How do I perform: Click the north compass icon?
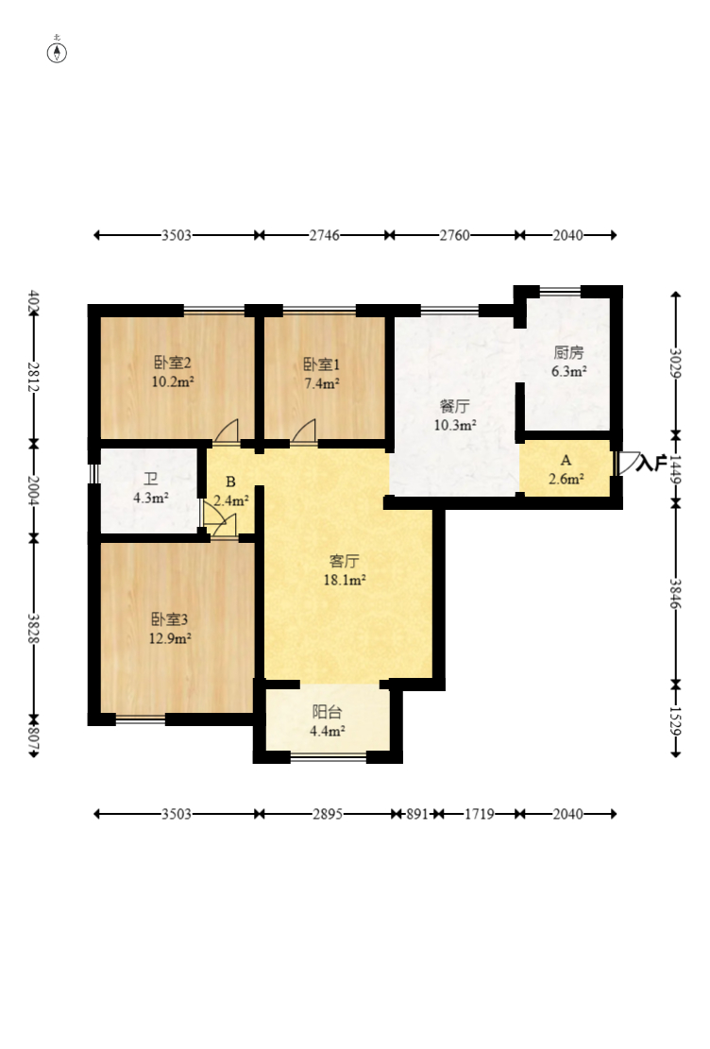58,51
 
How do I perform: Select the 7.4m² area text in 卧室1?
321,383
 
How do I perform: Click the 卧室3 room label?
171,619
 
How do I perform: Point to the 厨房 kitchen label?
568,352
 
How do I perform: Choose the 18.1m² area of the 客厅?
345,580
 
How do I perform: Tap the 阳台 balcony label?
327,713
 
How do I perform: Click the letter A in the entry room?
566,461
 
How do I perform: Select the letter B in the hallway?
229,482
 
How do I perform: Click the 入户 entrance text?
652,464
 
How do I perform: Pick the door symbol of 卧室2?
227,432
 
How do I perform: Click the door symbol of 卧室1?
304,432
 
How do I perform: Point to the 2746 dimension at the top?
324,235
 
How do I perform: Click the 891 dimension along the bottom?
416,813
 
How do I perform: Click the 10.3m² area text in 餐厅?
454,425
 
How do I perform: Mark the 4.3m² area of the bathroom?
150,497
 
